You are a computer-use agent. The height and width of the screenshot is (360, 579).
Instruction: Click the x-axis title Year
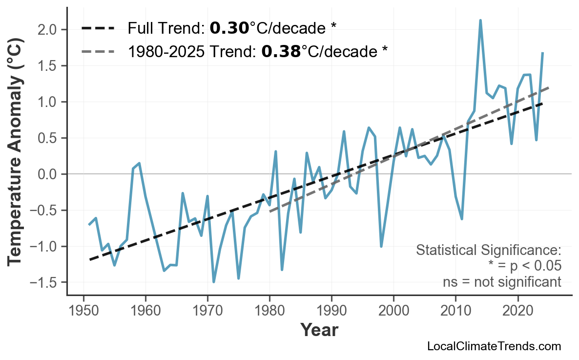click(x=319, y=331)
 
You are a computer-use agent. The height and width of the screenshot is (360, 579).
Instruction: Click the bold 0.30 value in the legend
click(x=229, y=28)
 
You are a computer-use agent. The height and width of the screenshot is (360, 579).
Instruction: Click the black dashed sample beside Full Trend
click(x=98, y=28)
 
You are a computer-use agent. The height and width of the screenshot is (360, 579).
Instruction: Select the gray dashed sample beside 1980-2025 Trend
click(x=98, y=51)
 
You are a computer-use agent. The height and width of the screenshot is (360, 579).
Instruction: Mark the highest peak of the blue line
click(x=480, y=21)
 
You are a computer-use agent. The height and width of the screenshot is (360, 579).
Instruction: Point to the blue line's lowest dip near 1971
click(x=214, y=282)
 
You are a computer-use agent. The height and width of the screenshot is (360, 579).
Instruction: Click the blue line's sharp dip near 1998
click(x=381, y=246)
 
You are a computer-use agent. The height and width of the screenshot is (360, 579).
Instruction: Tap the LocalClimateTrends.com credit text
click(x=494, y=346)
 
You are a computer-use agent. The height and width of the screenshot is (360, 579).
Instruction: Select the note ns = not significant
click(x=502, y=282)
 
